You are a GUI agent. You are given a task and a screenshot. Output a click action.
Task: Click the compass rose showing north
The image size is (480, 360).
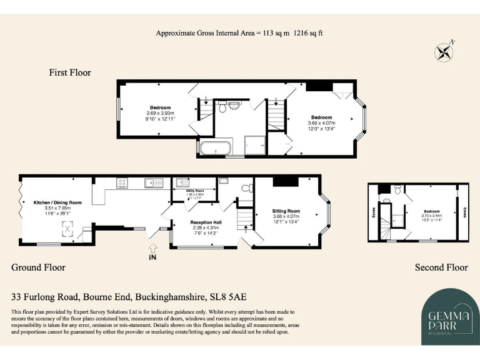coord(445,51)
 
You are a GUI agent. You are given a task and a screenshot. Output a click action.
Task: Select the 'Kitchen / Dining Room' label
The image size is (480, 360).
coord(57,202)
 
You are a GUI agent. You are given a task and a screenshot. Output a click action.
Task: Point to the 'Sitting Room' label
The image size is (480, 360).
coord(286,211)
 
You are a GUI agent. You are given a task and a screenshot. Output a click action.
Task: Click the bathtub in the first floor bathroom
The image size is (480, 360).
coord(215,149)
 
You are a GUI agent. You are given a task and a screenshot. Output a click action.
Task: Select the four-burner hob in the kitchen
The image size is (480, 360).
coord(122,183)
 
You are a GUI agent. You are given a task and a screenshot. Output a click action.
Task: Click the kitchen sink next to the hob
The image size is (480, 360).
coord(150,183)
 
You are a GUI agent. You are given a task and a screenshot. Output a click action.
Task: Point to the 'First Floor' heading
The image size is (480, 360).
coord(70,72)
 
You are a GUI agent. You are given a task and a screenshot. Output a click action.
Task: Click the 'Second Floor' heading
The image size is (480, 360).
coord(441,267)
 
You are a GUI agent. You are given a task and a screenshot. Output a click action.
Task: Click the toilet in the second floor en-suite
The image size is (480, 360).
coord(386,201)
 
